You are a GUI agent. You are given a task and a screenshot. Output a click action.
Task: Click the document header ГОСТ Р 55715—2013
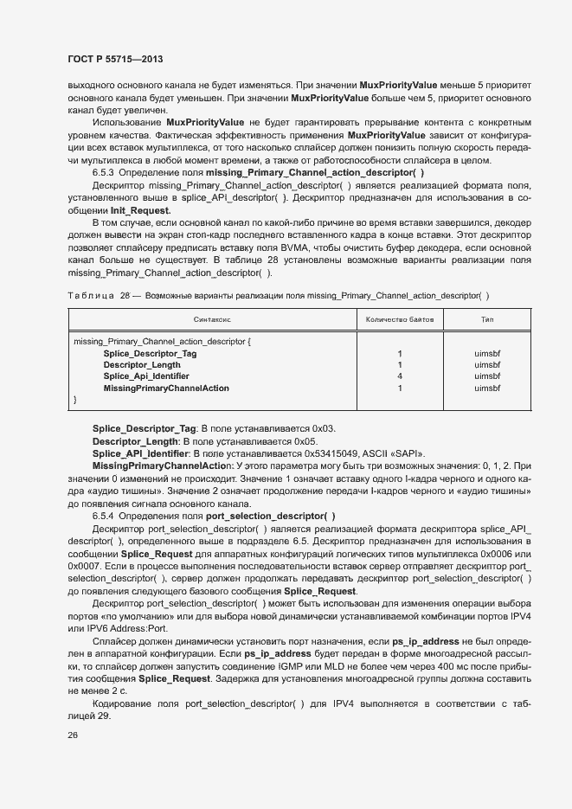point(115,59)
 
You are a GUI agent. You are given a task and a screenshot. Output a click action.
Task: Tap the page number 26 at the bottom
point(73,735)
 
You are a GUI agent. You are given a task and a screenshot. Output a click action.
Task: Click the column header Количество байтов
point(400,319)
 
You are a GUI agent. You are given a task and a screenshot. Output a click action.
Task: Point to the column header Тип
point(487,319)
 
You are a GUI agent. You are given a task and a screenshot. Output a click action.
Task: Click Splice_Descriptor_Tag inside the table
point(150,354)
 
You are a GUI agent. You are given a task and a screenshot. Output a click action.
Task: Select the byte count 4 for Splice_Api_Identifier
point(400,376)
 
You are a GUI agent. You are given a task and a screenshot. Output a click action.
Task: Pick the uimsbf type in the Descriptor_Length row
point(487,365)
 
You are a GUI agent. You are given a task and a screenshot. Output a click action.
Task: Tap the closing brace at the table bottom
point(76,399)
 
